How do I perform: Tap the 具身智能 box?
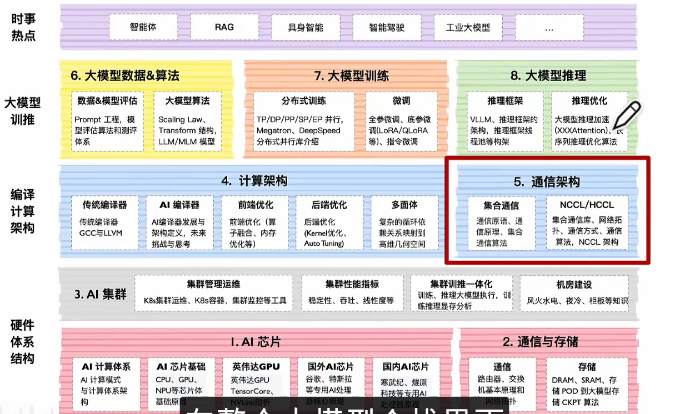click(306, 27)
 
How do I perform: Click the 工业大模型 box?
click(468, 27)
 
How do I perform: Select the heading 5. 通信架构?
click(547, 181)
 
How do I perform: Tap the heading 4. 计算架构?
click(254, 181)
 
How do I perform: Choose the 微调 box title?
click(401, 101)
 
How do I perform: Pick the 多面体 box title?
click(404, 205)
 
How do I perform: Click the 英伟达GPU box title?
click(255, 367)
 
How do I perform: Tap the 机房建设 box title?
click(574, 285)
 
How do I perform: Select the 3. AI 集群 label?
click(101, 294)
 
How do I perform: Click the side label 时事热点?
click(23, 27)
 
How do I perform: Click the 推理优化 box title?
click(589, 101)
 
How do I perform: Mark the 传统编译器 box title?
click(104, 205)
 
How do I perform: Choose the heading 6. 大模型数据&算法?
click(125, 75)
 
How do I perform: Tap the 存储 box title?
click(587, 367)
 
